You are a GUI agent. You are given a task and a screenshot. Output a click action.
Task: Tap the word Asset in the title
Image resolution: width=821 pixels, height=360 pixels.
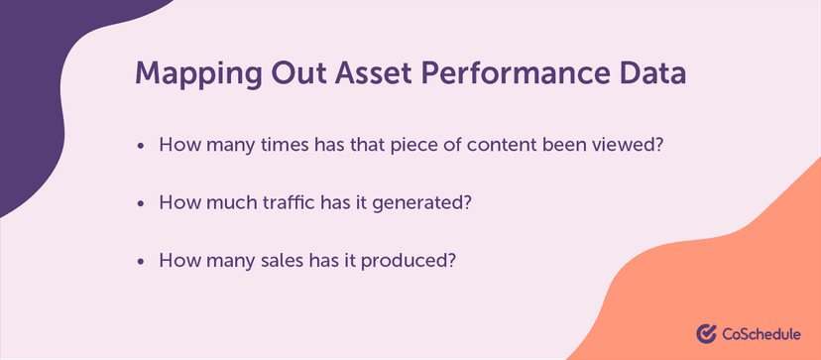pos(371,75)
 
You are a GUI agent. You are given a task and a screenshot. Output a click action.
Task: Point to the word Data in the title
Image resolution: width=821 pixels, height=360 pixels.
pos(652,75)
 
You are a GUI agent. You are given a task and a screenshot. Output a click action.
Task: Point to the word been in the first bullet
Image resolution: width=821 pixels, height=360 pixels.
pos(562,145)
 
